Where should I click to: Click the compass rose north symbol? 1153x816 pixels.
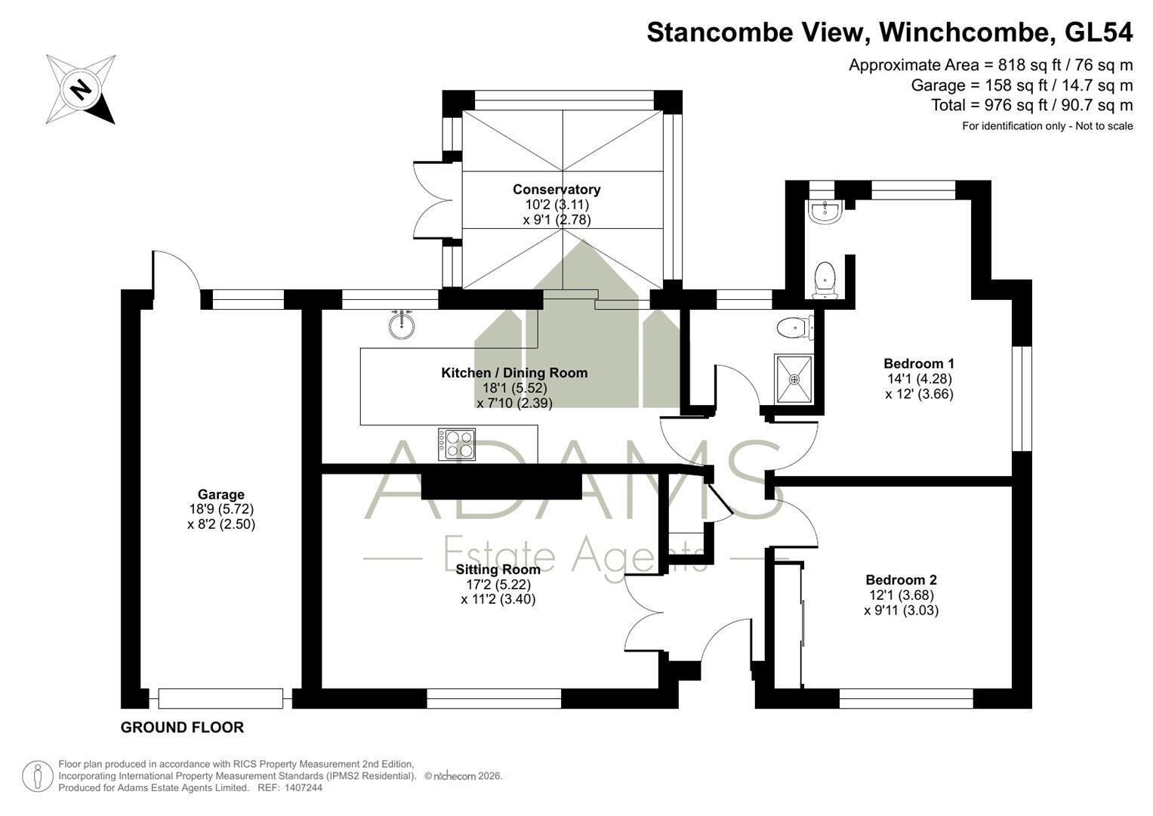[x=81, y=90]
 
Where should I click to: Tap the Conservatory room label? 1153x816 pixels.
[x=556, y=190]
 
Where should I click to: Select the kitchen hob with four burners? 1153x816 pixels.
[x=457, y=444]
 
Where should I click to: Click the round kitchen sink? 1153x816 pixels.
[x=402, y=325]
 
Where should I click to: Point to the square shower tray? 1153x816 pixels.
[x=794, y=379]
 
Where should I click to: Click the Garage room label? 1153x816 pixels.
[x=220, y=495]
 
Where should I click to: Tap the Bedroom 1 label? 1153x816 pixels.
[x=919, y=363]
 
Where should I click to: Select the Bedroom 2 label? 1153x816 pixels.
[x=902, y=580]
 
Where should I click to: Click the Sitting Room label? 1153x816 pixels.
[x=498, y=569]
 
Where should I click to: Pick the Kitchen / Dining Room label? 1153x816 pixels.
[x=514, y=373]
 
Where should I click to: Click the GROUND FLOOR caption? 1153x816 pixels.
[x=182, y=728]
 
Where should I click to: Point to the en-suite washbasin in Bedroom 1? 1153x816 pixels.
[x=825, y=212]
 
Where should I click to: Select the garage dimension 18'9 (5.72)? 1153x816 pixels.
[x=221, y=509]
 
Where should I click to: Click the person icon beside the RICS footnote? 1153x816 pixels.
[x=38, y=777]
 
